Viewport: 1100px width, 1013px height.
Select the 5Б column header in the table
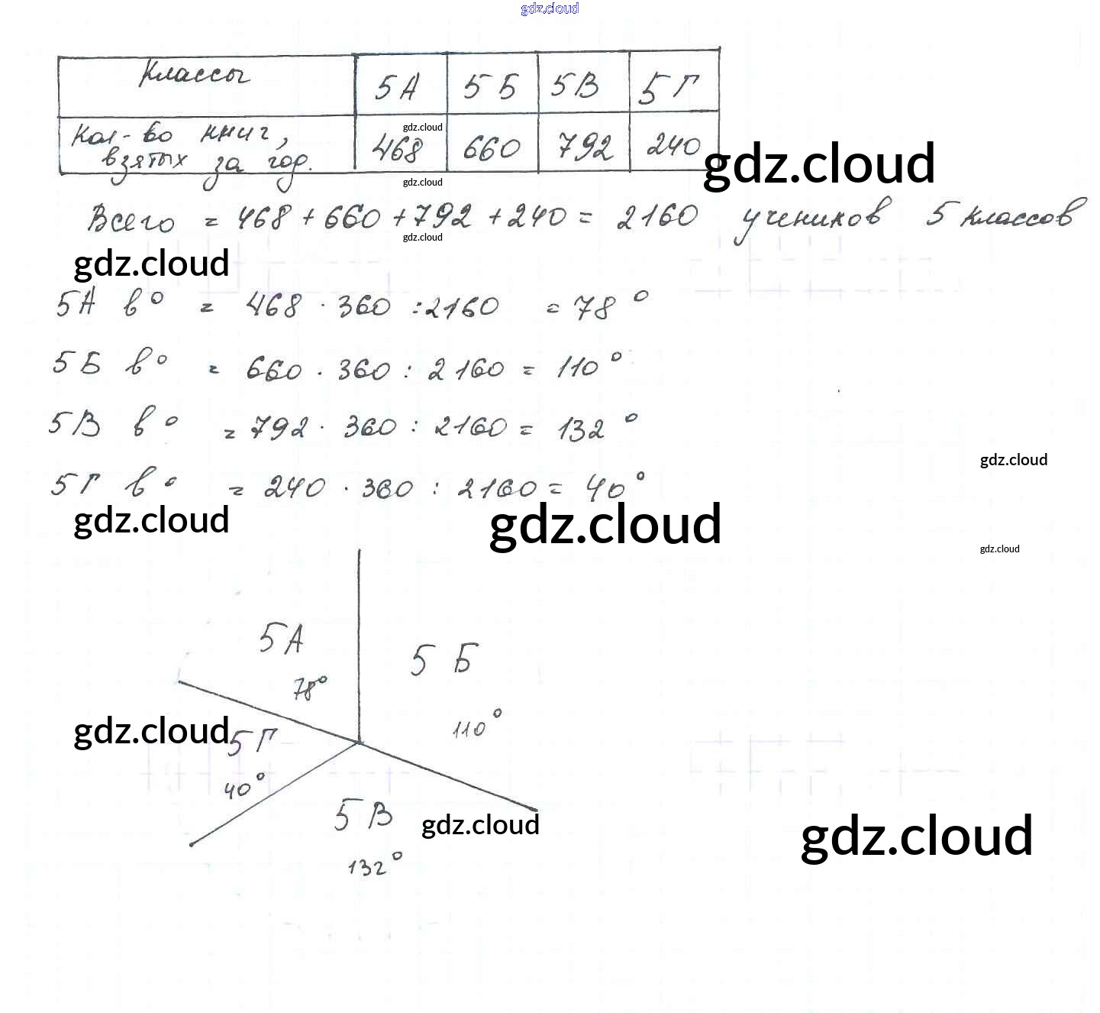[x=490, y=87]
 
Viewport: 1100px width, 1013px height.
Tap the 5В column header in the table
[x=576, y=86]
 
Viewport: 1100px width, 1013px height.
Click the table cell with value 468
[x=396, y=149]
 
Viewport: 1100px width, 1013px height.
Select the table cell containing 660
[x=492, y=147]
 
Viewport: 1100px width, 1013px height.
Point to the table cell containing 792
[x=584, y=146]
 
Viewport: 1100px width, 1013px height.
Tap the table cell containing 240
[x=673, y=145]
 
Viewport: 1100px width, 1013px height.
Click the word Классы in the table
[x=194, y=76]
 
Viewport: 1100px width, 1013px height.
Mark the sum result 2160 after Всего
[x=657, y=217]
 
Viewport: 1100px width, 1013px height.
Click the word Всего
[x=131, y=219]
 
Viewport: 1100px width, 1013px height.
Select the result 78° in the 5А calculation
[x=598, y=307]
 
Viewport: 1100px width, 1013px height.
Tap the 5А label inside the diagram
[x=281, y=639]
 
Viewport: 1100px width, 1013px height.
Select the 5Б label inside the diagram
[x=444, y=659]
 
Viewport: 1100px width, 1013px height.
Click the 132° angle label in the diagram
[x=374, y=866]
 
